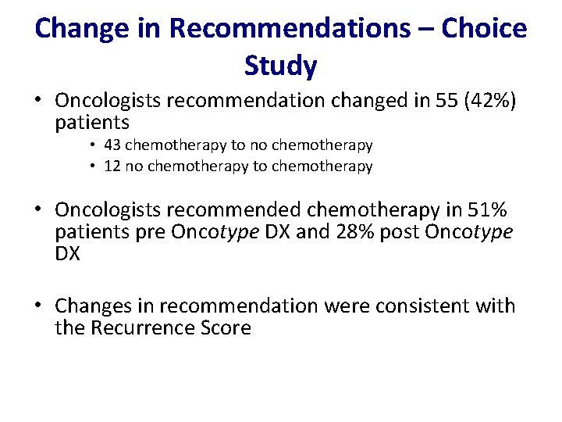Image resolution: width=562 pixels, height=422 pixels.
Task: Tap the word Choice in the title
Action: pos(484,28)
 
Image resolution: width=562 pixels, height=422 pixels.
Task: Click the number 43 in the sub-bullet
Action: pos(112,145)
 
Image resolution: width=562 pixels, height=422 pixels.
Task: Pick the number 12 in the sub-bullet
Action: pos(112,166)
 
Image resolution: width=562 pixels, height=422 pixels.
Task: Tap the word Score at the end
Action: pos(226,328)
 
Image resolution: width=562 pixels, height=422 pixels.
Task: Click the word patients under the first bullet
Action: pos(92,123)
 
